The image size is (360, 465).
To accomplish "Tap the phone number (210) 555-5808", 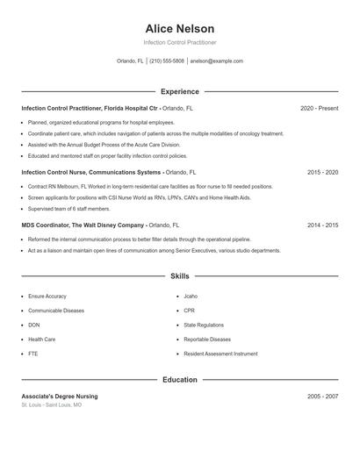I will (x=167, y=61).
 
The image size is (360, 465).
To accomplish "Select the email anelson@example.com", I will (x=216, y=61).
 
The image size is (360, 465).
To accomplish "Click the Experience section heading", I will (x=179, y=91).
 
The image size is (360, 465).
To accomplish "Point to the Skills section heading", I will (x=179, y=276).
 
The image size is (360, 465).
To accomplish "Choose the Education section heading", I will (x=179, y=380).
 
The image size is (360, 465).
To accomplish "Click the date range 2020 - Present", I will (x=319, y=108).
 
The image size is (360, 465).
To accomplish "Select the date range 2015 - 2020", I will (x=322, y=173).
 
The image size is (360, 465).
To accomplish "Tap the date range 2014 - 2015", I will (x=322, y=225).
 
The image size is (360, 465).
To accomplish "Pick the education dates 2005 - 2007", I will (x=322, y=397).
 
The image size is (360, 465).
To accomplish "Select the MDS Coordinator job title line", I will (x=99, y=225).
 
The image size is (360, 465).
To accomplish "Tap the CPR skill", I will (x=189, y=311).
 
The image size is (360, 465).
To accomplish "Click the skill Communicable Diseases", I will (x=56, y=311).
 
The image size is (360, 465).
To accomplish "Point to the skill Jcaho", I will (x=191, y=297).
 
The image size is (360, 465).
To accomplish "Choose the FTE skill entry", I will (x=33, y=353).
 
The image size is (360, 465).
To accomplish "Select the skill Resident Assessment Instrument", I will (x=220, y=353).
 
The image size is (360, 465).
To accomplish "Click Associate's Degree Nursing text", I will (x=60, y=397).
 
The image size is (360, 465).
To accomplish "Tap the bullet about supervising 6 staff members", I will (x=69, y=209).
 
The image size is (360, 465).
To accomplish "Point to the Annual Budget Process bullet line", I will (x=104, y=144).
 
